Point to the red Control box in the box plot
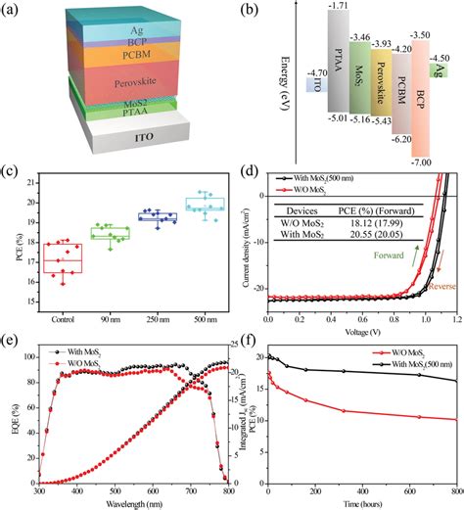click(x=65, y=257)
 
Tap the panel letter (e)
click(x=11, y=342)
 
